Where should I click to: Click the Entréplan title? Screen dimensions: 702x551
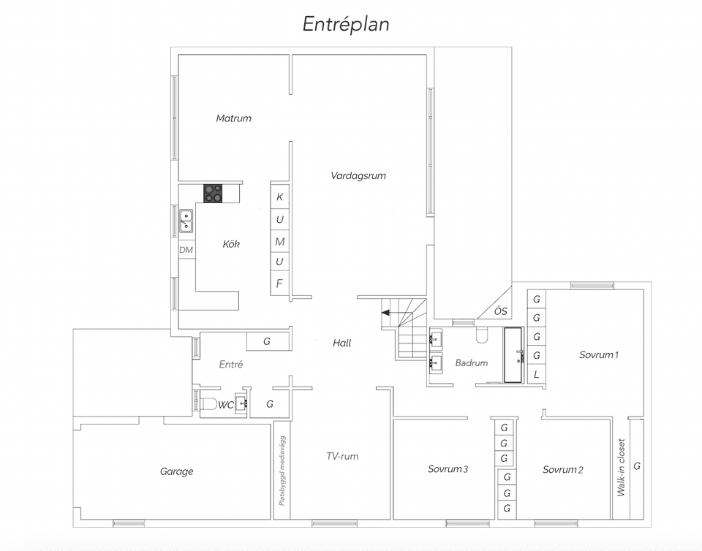point(346,24)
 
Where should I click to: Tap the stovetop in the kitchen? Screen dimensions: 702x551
point(214,194)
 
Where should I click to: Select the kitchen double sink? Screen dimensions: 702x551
point(186,221)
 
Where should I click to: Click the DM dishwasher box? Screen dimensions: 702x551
point(186,250)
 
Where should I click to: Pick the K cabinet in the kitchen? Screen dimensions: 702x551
point(280,197)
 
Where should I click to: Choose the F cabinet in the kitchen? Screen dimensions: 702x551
point(279,283)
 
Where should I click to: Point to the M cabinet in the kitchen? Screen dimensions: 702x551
point(280,241)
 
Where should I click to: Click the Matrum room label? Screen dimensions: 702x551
point(234,118)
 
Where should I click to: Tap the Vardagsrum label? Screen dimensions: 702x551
point(358,176)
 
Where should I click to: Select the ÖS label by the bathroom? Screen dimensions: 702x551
point(500,311)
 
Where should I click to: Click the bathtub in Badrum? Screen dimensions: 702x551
point(513,355)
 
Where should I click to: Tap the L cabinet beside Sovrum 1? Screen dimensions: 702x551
point(536,374)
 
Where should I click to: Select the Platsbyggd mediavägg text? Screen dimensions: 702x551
point(282,471)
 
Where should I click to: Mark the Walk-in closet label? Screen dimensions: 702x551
point(621,468)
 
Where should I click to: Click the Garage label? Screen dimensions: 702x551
point(177,471)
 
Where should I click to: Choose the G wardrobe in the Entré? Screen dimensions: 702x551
point(267,341)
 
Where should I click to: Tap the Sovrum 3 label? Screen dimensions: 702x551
point(448,469)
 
